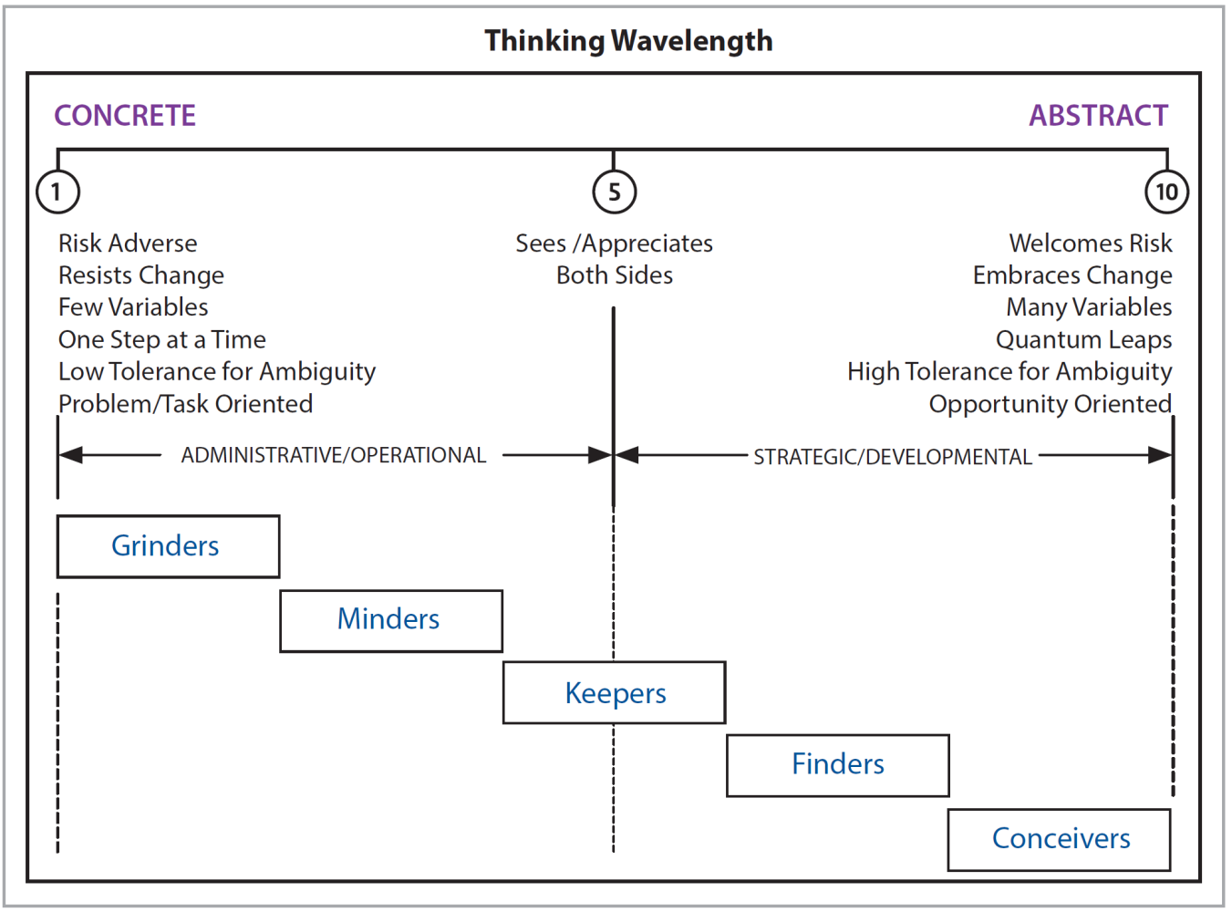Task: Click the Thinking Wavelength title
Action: [628, 41]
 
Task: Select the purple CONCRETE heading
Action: [125, 116]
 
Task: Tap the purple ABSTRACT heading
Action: [1098, 116]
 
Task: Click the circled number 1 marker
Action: [57, 192]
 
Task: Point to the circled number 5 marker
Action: [614, 192]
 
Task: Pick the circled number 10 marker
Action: [1166, 192]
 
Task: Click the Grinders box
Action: [168, 546]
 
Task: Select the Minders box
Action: [390, 620]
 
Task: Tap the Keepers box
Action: [614, 693]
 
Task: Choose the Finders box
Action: [837, 764]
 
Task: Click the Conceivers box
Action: [1060, 839]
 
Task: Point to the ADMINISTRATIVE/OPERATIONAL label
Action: [333, 455]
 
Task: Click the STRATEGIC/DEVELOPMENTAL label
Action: [892, 457]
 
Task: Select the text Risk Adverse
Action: [128, 244]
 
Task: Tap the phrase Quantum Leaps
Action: [1083, 340]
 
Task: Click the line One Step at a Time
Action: [162, 340]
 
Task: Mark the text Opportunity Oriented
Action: [1050, 404]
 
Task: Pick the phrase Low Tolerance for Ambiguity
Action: [217, 372]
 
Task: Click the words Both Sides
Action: [615, 275]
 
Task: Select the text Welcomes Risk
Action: [1090, 244]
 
